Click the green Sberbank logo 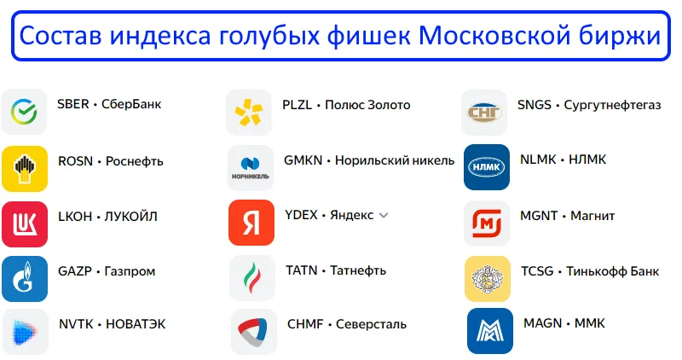[24, 111]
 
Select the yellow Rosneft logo [24, 167]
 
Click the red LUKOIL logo [24, 223]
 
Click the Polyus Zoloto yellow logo [249, 112]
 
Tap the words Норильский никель [395, 160]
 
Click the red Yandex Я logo [251, 223]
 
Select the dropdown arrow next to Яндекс [384, 216]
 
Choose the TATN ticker [302, 270]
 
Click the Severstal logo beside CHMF [253, 331]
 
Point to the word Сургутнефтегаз [612, 105]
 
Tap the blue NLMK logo [486, 167]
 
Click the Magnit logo [486, 223]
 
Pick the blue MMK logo [489, 331]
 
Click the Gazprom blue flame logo [24, 278]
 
